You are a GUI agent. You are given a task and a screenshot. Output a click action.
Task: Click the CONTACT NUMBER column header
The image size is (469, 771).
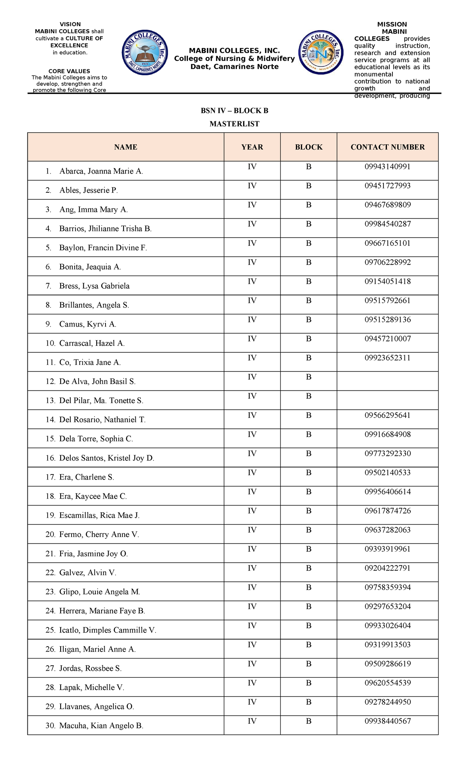tap(387, 147)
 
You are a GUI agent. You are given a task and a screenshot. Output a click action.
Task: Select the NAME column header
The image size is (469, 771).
tap(125, 147)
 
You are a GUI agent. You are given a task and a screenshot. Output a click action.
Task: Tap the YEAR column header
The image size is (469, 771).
tap(252, 147)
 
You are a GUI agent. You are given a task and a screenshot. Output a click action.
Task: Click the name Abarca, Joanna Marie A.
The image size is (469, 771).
tap(101, 171)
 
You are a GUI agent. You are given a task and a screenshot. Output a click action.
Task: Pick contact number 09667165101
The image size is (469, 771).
tap(387, 243)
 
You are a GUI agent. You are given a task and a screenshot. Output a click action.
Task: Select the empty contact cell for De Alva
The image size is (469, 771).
tap(387, 381)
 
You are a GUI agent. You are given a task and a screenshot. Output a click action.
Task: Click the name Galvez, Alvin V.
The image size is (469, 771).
tap(88, 573)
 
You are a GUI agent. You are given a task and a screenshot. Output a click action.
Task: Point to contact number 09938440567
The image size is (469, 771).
tap(387, 721)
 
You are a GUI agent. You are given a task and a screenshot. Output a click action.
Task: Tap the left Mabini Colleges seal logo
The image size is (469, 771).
tap(145, 53)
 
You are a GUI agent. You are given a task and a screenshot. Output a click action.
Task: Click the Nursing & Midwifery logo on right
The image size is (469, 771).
tap(321, 52)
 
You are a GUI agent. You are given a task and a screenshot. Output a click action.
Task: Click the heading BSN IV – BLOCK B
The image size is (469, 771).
tap(234, 111)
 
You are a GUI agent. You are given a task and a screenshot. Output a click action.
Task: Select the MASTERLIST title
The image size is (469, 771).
tap(234, 124)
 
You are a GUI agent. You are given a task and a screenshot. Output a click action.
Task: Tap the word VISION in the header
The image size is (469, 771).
tap(70, 24)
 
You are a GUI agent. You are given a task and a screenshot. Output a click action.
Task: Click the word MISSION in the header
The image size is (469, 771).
tap(392, 24)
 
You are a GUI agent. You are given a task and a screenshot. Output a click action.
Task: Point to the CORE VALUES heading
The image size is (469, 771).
tap(69, 71)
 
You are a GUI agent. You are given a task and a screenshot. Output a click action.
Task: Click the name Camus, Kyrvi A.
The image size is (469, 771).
tap(88, 324)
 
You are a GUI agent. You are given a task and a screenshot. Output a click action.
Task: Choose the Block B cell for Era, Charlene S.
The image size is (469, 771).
tap(308, 473)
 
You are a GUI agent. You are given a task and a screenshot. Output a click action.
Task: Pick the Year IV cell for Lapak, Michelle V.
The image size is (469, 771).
tap(252, 683)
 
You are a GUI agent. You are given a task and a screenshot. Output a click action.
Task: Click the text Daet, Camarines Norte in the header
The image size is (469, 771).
tap(234, 67)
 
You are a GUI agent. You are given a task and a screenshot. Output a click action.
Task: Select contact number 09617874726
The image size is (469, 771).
tap(387, 511)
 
